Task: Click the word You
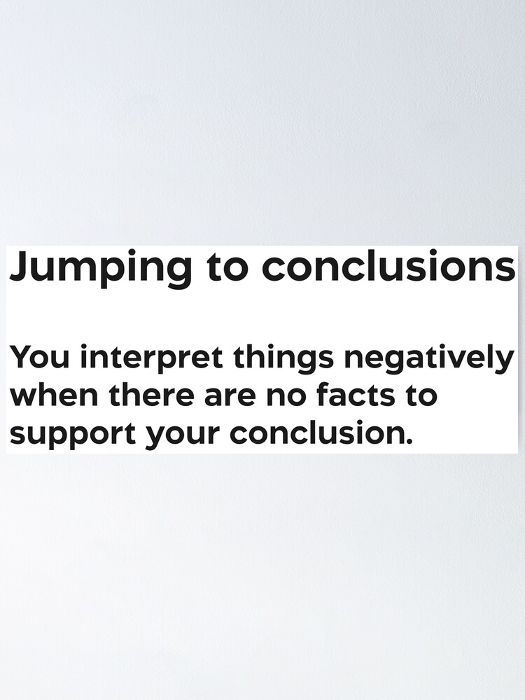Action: [38, 358]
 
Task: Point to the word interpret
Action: [152, 359]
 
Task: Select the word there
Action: [150, 394]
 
